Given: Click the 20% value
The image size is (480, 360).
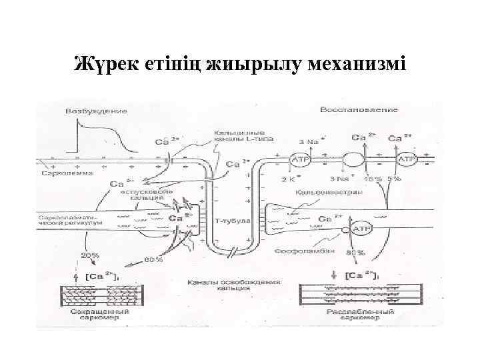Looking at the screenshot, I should pyautogui.click(x=90, y=255).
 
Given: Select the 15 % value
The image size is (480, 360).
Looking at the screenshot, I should pyautogui.click(x=372, y=179).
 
